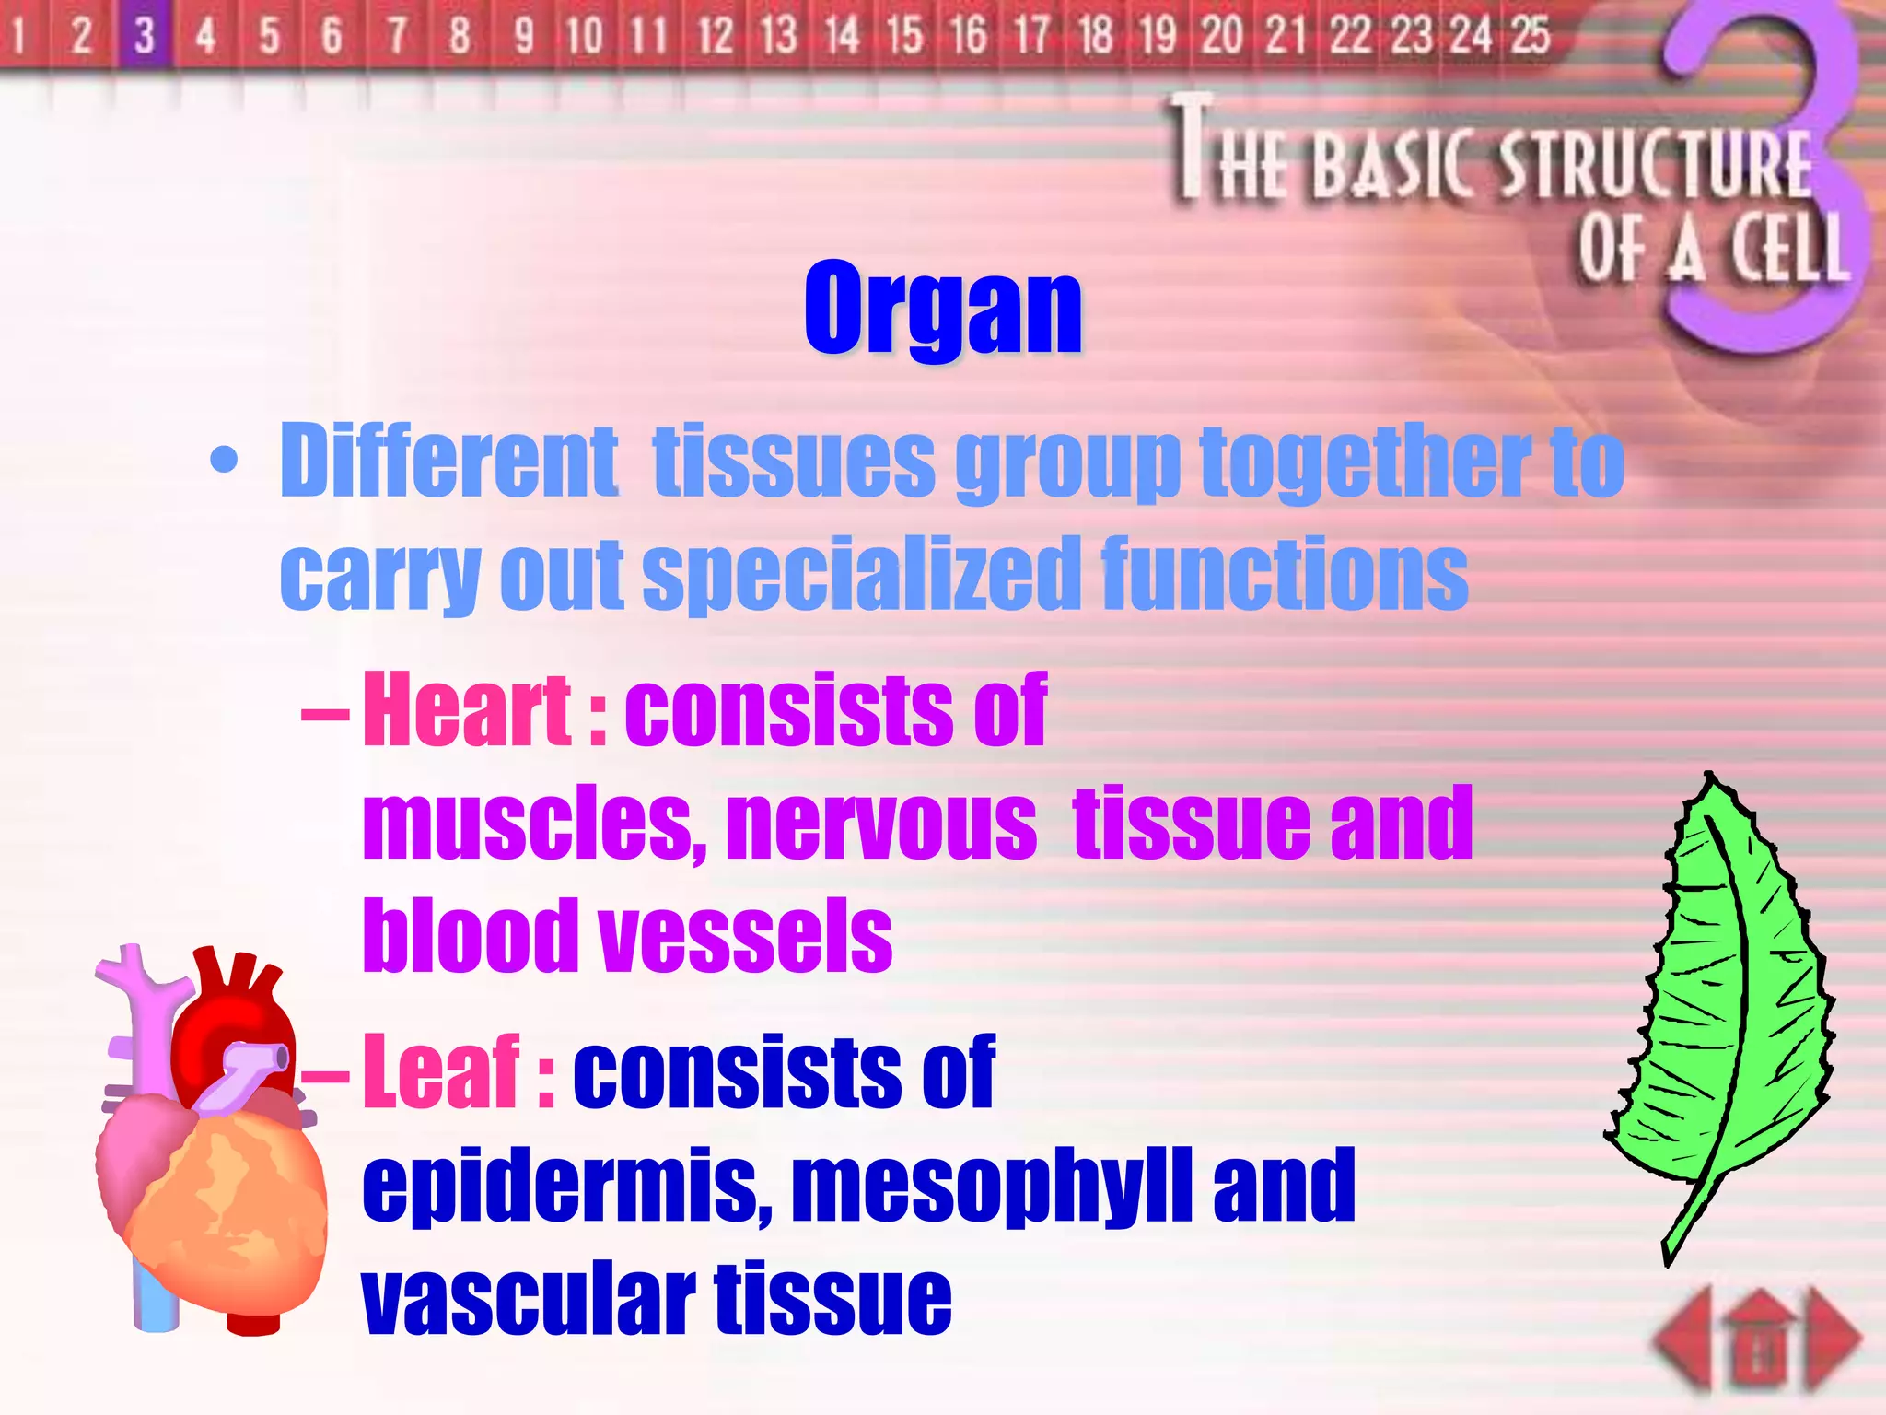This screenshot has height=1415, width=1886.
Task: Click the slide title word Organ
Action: (943, 309)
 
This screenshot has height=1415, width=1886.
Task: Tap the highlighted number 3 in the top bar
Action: (144, 35)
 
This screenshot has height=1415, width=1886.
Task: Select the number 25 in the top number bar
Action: (1531, 35)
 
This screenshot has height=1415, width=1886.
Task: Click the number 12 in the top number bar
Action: (715, 35)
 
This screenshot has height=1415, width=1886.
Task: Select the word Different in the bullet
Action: (448, 461)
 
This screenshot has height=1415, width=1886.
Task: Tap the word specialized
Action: (861, 575)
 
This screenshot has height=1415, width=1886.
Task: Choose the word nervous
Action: (881, 822)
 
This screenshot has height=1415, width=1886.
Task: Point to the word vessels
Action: (746, 936)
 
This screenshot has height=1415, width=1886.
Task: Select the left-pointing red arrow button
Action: (1687, 1340)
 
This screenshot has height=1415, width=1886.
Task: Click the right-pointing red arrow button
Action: (1833, 1340)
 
